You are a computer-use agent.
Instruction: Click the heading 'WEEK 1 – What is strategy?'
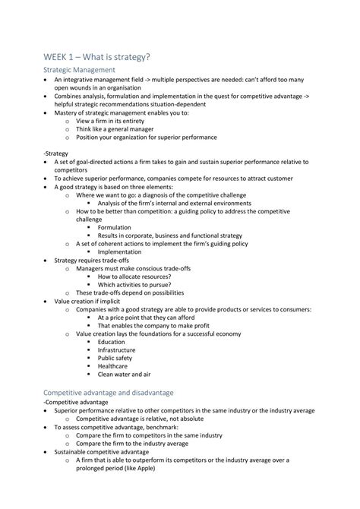(x=96, y=56)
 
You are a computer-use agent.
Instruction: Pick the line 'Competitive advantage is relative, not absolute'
(x=150, y=418)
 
